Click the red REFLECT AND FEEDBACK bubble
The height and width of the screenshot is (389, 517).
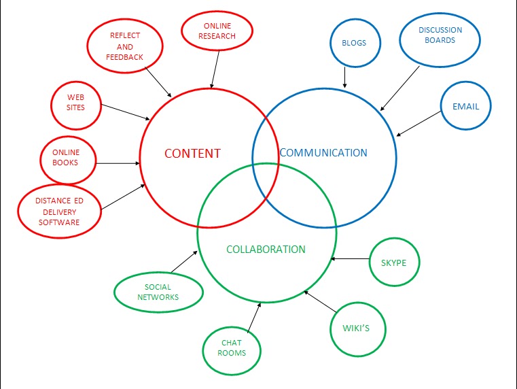(125, 47)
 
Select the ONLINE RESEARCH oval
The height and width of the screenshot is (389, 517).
(217, 31)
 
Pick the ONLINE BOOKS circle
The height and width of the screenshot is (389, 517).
(66, 158)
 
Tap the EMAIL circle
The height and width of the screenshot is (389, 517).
(465, 107)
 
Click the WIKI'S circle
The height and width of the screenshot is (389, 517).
(359, 330)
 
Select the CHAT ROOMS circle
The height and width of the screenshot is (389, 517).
(232, 348)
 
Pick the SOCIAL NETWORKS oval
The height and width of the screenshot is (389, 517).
(158, 292)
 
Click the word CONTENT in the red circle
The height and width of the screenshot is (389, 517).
(192, 154)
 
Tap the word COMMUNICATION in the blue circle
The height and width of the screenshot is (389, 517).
(323, 153)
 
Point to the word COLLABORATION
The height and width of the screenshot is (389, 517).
(266, 250)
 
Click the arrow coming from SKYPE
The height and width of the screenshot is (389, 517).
(350, 258)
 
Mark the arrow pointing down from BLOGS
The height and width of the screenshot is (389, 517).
(345, 77)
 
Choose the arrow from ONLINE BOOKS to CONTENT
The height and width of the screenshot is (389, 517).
(118, 163)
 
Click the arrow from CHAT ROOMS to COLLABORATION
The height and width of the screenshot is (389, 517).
(254, 317)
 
